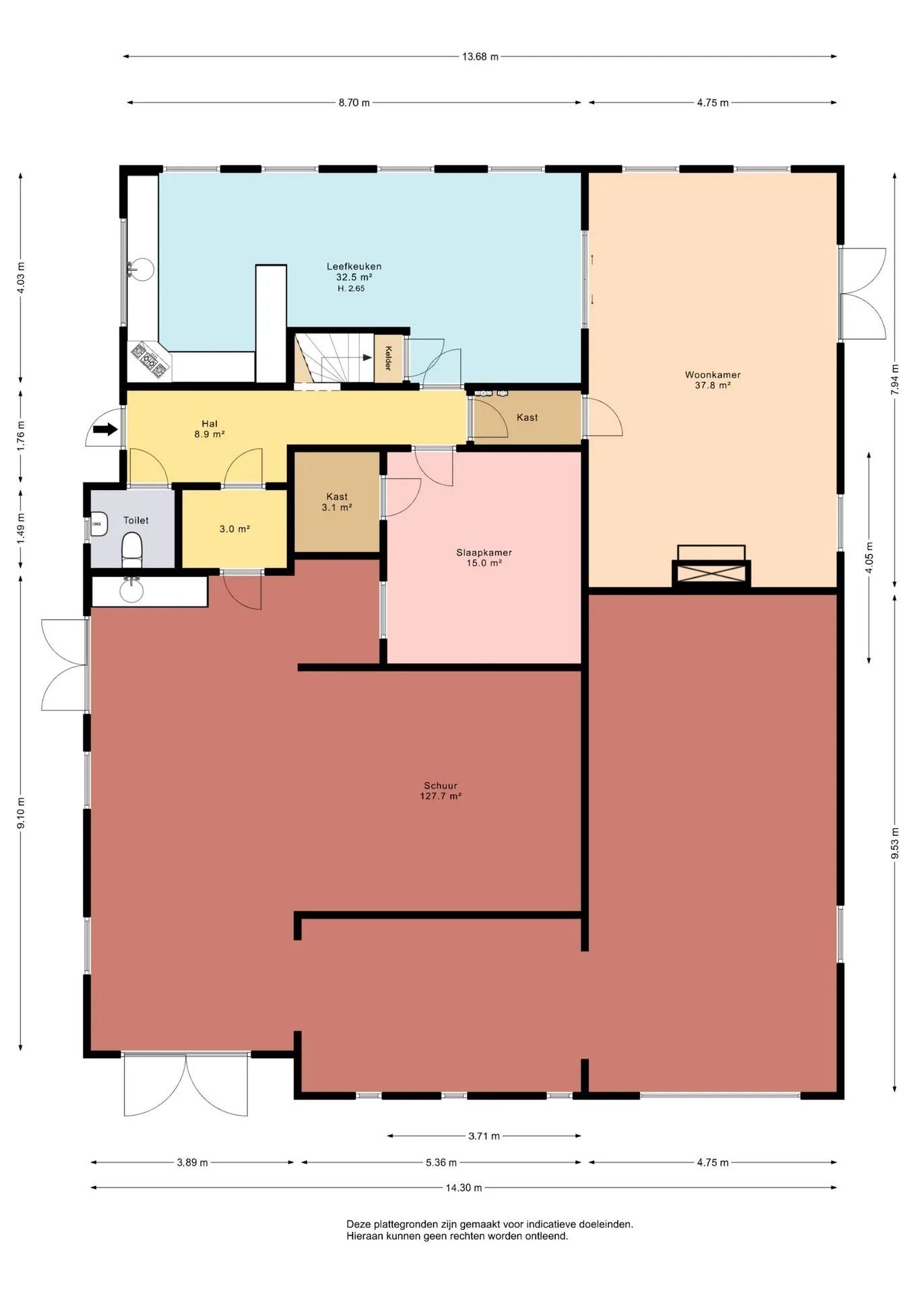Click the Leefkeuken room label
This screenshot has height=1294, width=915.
tap(354, 266)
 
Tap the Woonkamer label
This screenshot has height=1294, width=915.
tap(713, 375)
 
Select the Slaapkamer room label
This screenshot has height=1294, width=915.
tap(484, 553)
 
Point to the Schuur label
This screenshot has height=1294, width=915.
tap(441, 785)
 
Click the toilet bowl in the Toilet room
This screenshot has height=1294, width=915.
tap(132, 550)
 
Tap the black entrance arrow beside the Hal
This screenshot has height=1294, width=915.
tap(105, 429)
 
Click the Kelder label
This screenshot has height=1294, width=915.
tap(388, 358)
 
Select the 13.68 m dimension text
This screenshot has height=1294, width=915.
tap(480, 57)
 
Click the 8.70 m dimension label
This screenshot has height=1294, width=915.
tap(354, 102)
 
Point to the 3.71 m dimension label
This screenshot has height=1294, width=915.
tap(484, 1136)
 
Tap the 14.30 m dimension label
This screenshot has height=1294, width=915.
tap(464, 1188)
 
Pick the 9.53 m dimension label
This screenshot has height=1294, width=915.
tap(895, 842)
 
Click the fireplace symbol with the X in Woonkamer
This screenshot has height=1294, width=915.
tap(712, 574)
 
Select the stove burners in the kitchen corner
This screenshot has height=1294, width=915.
tap(149, 359)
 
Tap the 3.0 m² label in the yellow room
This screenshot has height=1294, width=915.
tap(234, 529)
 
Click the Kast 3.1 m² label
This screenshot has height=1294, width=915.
tap(337, 502)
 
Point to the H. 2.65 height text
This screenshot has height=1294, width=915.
tap(351, 288)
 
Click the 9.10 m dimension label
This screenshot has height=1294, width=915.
tap(21, 813)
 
